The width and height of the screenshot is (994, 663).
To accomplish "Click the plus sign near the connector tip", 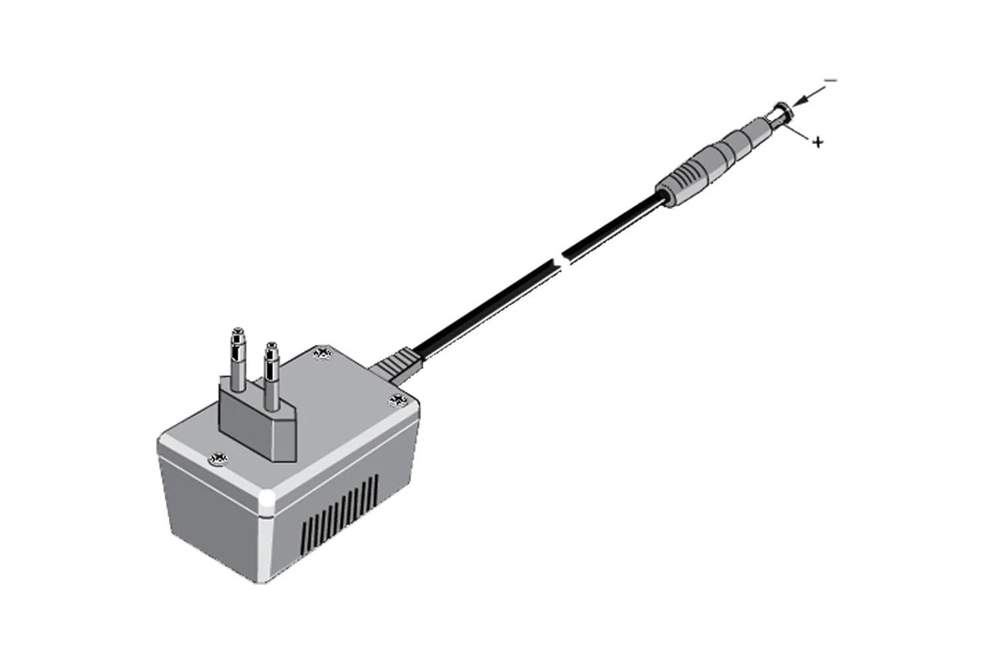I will [x=819, y=142].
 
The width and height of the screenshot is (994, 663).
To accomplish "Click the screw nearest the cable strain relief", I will [x=398, y=399].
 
